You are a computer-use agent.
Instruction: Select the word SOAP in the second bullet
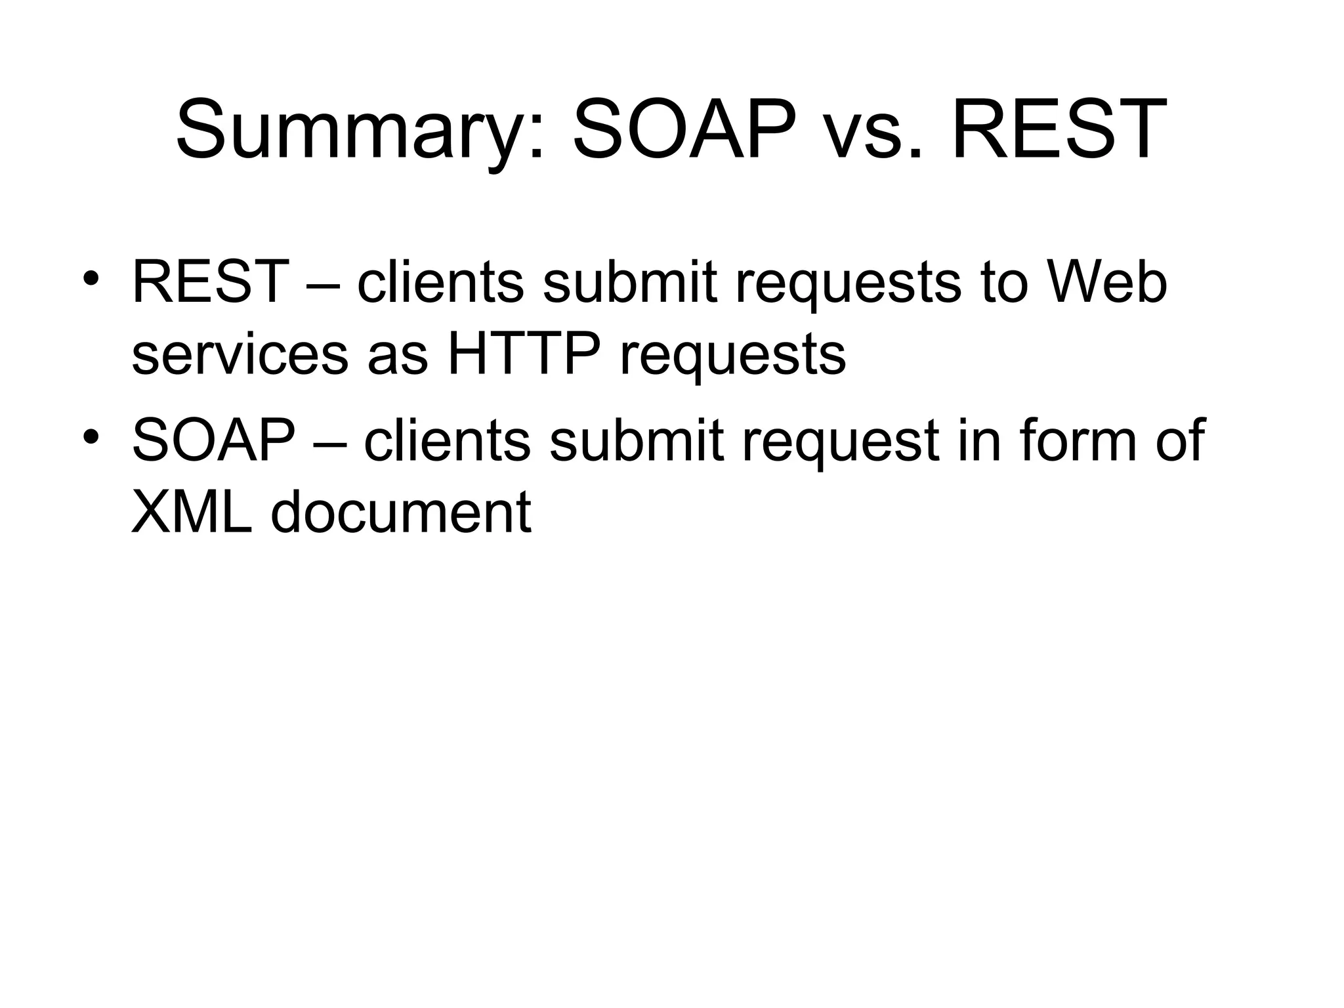[x=214, y=441]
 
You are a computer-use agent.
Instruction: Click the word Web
[x=1107, y=282]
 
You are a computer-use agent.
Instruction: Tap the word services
[x=240, y=355]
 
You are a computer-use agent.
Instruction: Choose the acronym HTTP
[x=523, y=355]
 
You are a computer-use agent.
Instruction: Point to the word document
[x=400, y=513]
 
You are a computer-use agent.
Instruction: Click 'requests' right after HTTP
[x=732, y=358]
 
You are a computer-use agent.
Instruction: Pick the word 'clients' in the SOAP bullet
[x=447, y=441]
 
